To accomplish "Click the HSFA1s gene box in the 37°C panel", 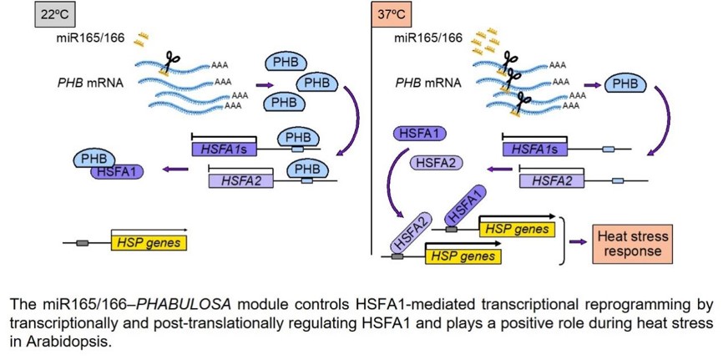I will click(535, 149).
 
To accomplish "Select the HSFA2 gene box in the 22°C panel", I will click(241, 179).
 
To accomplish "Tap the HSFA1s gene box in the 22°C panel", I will click(224, 149).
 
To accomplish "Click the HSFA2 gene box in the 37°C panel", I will click(552, 179).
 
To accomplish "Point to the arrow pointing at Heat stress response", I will click(578, 241).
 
